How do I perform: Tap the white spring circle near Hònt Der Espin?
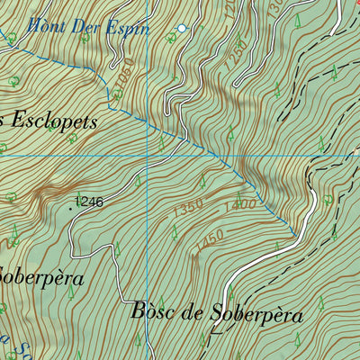coord(181,29)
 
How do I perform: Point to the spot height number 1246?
coord(89,202)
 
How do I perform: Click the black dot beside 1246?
coord(72,205)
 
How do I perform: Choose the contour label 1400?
coord(241,205)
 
